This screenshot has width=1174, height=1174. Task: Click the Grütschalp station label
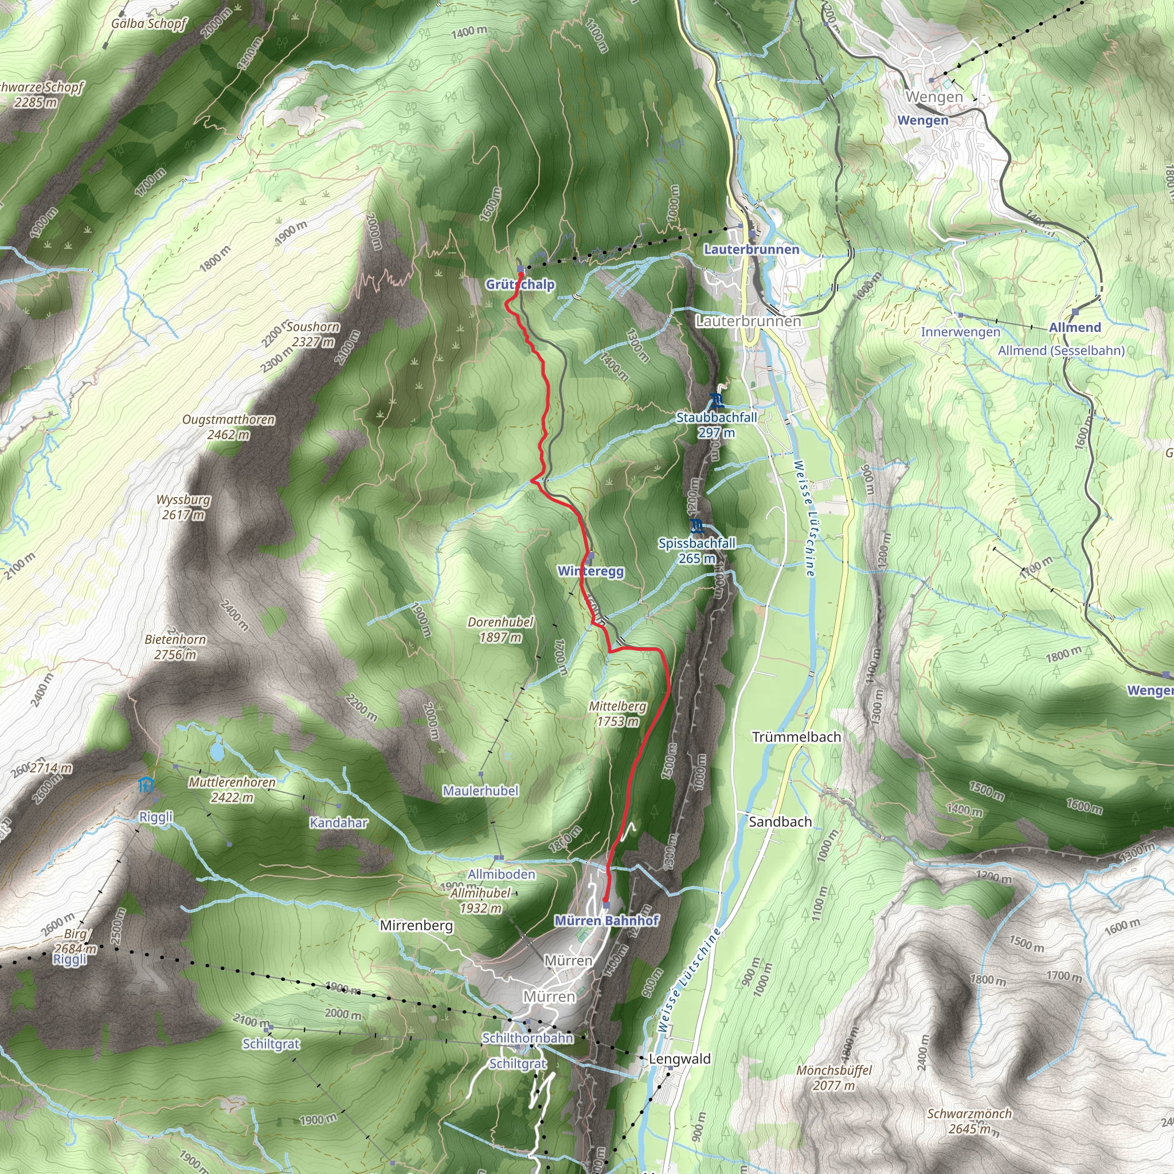click(x=520, y=284)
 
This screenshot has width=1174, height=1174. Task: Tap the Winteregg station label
click(x=590, y=571)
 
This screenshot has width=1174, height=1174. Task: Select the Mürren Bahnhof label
click(x=606, y=921)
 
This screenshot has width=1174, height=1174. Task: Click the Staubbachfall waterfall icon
click(x=717, y=400)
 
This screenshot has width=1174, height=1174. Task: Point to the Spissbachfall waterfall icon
click(x=697, y=525)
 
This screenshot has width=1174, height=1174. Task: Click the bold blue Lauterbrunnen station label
click(x=751, y=249)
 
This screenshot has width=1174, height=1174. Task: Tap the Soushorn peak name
click(x=313, y=327)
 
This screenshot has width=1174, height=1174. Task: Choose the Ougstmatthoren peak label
click(x=229, y=420)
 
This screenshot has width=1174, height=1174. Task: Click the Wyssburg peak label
click(x=183, y=500)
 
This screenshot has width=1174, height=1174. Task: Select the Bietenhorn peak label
click(x=175, y=640)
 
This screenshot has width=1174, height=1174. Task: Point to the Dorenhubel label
click(x=500, y=622)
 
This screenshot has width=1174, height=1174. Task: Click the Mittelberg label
click(x=617, y=706)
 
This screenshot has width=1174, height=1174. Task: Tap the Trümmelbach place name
click(x=796, y=737)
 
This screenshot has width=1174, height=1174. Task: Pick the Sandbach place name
click(x=780, y=822)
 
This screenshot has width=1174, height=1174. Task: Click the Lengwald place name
click(x=679, y=1059)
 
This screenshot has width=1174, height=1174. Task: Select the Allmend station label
click(x=1075, y=327)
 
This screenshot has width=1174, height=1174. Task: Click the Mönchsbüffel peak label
click(x=834, y=1070)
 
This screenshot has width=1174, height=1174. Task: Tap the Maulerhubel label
click(x=480, y=791)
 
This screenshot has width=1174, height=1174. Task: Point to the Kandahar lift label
click(x=338, y=823)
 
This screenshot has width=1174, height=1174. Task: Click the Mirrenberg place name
click(x=416, y=925)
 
